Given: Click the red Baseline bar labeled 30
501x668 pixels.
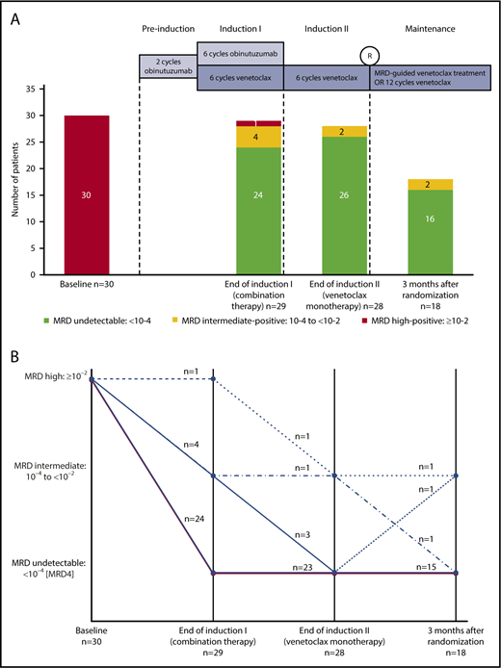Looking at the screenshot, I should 81,194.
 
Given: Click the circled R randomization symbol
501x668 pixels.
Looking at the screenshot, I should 370,57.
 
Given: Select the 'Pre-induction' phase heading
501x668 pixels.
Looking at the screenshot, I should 168,31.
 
